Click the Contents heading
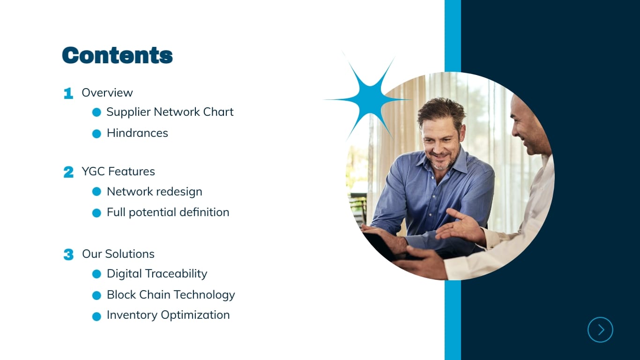coord(117,55)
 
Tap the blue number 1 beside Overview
coord(68,93)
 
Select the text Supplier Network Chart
coord(170,112)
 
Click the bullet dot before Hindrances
coord(97,134)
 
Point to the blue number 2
coord(68,172)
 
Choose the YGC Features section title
coord(118,172)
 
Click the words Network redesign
coord(154,192)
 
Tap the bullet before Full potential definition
coord(97,213)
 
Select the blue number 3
coord(68,255)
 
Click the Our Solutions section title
coord(118,254)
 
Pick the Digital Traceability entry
coord(156,274)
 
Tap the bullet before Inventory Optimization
coord(97,316)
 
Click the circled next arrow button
coord(600,330)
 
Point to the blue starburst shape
coord(370,98)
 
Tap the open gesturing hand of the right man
coord(461,227)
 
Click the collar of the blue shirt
coord(457,164)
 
